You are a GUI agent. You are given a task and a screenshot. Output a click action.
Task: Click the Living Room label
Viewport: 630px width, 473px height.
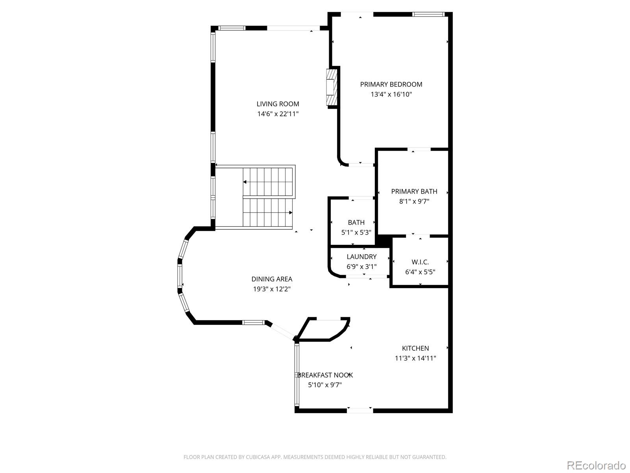click(x=278, y=104)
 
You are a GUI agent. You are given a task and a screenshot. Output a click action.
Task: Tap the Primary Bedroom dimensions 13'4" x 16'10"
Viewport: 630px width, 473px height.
click(x=391, y=94)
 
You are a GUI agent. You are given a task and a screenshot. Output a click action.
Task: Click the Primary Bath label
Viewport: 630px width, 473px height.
click(x=414, y=192)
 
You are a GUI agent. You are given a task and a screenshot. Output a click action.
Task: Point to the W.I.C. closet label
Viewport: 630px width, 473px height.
click(x=420, y=262)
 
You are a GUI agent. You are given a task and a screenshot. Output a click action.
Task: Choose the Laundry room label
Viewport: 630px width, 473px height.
click(x=361, y=257)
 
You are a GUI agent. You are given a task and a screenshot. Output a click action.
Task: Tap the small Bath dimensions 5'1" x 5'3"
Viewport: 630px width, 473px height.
click(x=356, y=233)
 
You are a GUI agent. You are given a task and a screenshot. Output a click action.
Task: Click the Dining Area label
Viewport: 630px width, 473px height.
click(x=272, y=279)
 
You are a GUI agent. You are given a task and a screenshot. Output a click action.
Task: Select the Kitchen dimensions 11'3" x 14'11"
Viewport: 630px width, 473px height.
click(x=415, y=358)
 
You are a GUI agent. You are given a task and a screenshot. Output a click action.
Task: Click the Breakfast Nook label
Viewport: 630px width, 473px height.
click(x=325, y=375)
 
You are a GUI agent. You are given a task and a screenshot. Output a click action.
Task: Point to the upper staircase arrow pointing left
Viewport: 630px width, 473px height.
click(x=245, y=182)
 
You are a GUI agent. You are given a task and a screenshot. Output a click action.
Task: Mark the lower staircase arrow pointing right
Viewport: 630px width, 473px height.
click(x=291, y=213)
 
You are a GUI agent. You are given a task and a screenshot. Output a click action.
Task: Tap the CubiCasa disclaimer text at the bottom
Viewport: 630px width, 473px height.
click(x=315, y=457)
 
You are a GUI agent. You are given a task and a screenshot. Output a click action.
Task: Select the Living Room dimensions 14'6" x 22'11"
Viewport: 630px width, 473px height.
click(x=278, y=114)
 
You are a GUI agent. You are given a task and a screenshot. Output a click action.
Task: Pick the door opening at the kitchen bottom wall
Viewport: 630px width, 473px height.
click(x=359, y=411)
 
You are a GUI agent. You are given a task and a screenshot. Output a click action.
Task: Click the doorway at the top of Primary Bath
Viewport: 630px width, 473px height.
click(x=419, y=149)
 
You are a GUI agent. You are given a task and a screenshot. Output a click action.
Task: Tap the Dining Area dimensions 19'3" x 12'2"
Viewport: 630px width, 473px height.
click(x=272, y=289)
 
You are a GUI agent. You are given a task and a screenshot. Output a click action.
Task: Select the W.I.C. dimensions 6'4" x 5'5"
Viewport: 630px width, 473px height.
click(x=420, y=272)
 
